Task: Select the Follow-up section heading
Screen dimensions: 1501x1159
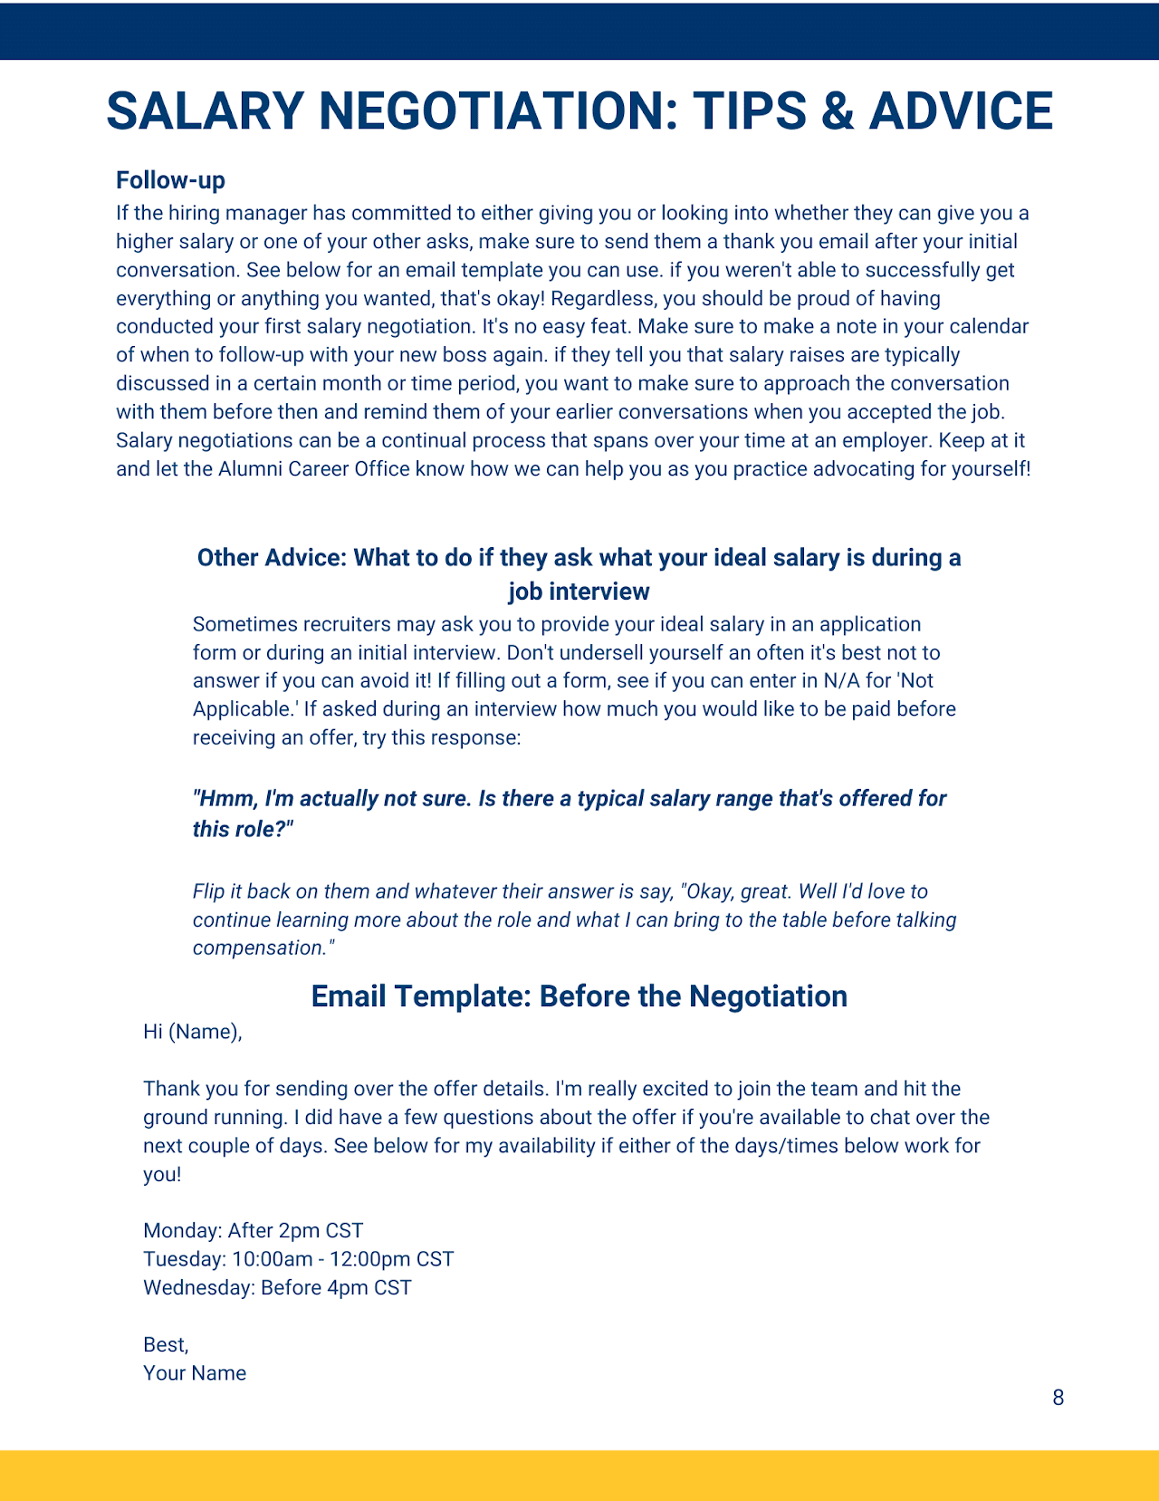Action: [170, 180]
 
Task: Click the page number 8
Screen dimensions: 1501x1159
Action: [1058, 1398]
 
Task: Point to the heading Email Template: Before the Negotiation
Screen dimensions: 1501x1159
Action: [579, 996]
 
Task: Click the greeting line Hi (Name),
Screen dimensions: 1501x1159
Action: [192, 1032]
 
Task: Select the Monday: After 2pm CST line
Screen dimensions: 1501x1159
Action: [253, 1231]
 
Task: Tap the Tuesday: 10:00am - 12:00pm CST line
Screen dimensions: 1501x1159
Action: [298, 1259]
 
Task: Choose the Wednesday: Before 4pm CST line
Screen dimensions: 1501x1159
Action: [277, 1287]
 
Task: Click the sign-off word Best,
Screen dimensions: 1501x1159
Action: [166, 1344]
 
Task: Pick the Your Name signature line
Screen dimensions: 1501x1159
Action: [195, 1373]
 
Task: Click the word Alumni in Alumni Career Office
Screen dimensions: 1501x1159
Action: [250, 469]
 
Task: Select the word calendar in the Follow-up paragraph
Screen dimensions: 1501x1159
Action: [988, 327]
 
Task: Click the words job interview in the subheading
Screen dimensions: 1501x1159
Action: [579, 592]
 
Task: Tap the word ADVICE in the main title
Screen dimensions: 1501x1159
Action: [961, 111]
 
